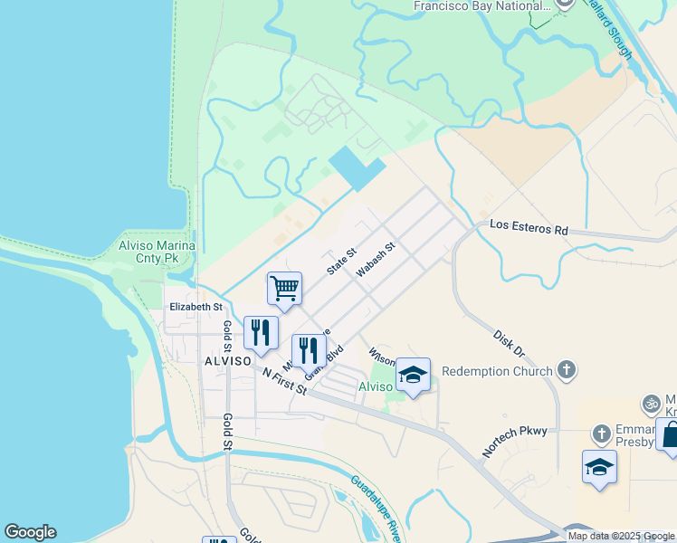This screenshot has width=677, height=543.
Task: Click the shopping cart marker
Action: (284, 290)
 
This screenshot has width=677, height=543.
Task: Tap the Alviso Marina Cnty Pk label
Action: (157, 252)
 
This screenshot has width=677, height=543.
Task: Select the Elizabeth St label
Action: (195, 308)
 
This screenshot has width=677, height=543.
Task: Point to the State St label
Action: (342, 262)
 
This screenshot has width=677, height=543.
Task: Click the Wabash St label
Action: (376, 259)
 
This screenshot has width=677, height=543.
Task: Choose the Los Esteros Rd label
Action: (529, 228)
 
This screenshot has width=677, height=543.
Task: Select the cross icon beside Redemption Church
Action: (567, 369)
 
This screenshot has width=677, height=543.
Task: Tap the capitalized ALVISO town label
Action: (226, 360)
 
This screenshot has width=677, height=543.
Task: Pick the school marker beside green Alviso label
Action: (413, 376)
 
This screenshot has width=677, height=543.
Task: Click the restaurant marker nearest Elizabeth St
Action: (261, 332)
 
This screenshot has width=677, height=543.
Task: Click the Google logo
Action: (30, 532)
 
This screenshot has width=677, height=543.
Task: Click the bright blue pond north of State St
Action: (356, 167)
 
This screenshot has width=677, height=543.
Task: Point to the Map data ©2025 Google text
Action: (621, 536)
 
